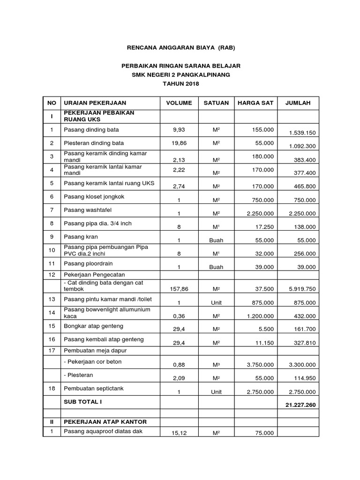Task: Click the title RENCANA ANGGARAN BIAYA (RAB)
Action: (x=181, y=48)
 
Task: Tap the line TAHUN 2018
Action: (x=180, y=84)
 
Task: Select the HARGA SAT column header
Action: (x=256, y=103)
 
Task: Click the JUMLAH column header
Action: (x=298, y=103)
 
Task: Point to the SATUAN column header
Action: (x=216, y=103)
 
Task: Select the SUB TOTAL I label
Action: (x=82, y=402)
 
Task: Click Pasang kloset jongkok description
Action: (x=94, y=196)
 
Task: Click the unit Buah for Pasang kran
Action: (x=216, y=240)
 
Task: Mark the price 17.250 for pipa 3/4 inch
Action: (x=264, y=226)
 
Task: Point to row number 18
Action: (x=52, y=388)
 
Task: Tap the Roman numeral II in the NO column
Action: (x=52, y=422)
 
